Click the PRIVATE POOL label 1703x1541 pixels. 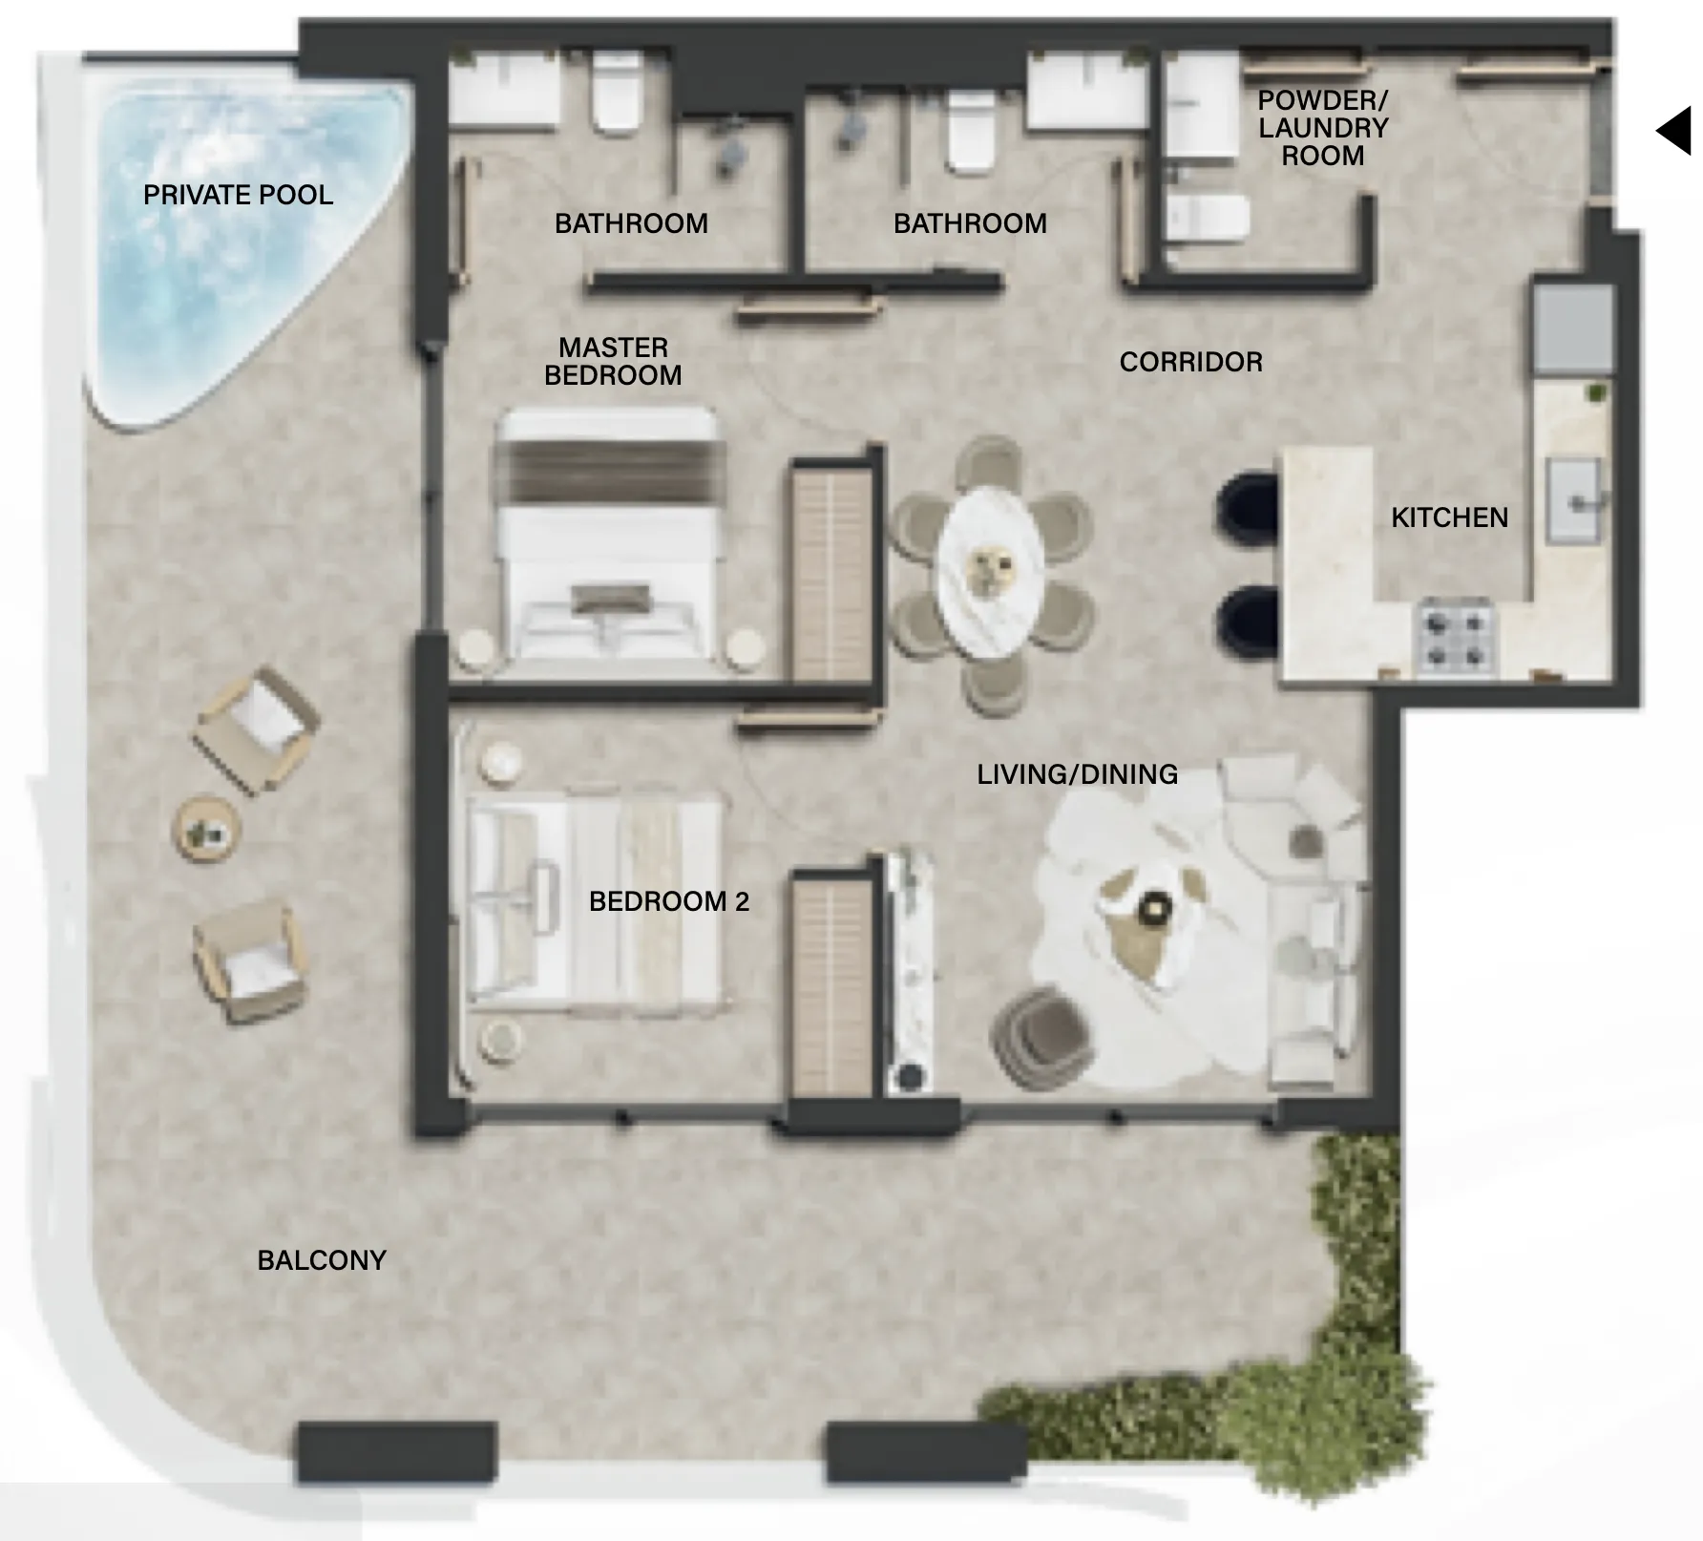(238, 195)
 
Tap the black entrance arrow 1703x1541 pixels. (1674, 131)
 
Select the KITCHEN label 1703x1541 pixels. (1449, 517)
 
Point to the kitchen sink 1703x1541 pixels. (1573, 500)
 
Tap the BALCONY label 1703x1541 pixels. (322, 1260)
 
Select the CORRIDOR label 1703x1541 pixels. (1190, 362)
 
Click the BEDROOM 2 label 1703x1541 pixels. (668, 901)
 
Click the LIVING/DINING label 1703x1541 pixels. (1077, 774)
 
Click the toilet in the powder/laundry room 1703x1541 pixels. (1209, 220)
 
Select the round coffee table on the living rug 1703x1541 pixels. (1157, 906)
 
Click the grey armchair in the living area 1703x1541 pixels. (1043, 1038)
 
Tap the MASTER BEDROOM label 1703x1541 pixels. (613, 361)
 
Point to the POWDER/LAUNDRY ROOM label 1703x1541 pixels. (1322, 128)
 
